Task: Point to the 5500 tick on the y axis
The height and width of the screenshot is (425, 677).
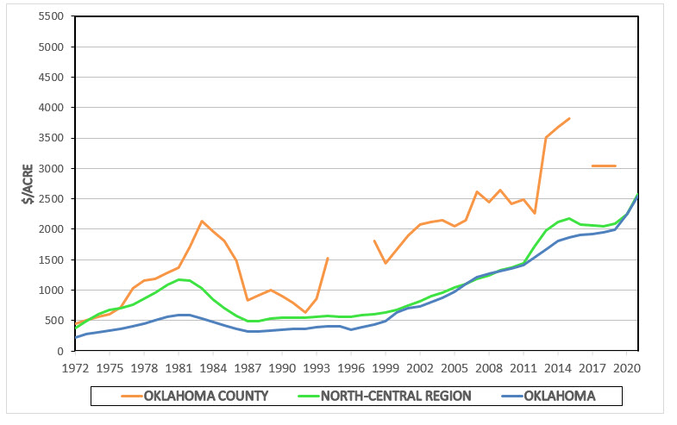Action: click(53, 16)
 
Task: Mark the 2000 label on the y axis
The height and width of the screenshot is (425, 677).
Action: click(53, 229)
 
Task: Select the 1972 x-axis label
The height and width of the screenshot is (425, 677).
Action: click(75, 367)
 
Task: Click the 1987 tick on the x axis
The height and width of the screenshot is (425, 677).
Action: click(248, 367)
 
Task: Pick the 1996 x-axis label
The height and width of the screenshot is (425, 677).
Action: click(351, 367)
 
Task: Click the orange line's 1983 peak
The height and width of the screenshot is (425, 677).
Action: click(202, 221)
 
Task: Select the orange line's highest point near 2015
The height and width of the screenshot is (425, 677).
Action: click(569, 118)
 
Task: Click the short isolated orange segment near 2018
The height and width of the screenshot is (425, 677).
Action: click(604, 166)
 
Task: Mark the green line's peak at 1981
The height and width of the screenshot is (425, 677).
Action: click(179, 279)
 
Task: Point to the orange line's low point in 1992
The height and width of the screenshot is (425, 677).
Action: click(305, 312)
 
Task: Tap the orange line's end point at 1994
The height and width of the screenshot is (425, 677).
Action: click(328, 258)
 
